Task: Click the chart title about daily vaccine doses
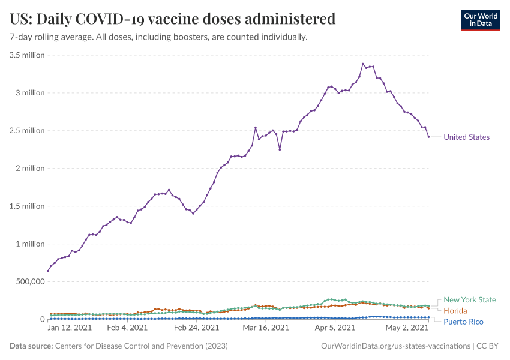click(x=173, y=19)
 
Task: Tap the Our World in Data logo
click(x=480, y=19)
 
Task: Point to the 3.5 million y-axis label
click(x=27, y=55)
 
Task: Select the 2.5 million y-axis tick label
click(x=27, y=131)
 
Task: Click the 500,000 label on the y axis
click(x=27, y=281)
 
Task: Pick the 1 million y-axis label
click(x=30, y=244)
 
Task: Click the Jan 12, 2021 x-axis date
click(x=69, y=328)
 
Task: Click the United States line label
click(x=466, y=137)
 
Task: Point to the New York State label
click(x=470, y=300)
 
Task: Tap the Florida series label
click(x=456, y=311)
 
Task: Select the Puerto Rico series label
click(x=463, y=322)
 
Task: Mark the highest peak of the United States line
click(x=363, y=64)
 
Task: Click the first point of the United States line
click(x=48, y=271)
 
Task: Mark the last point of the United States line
click(x=428, y=137)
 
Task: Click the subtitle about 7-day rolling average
click(x=158, y=37)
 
